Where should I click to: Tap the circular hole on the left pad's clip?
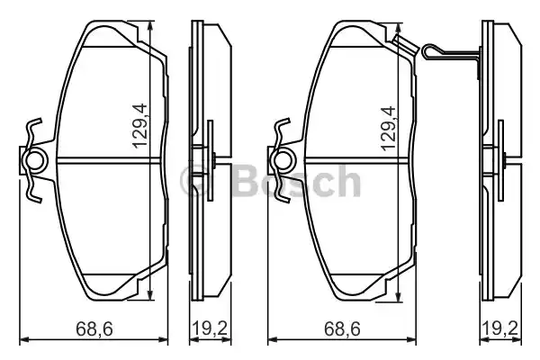[36, 162]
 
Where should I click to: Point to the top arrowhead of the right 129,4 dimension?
[398, 26]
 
